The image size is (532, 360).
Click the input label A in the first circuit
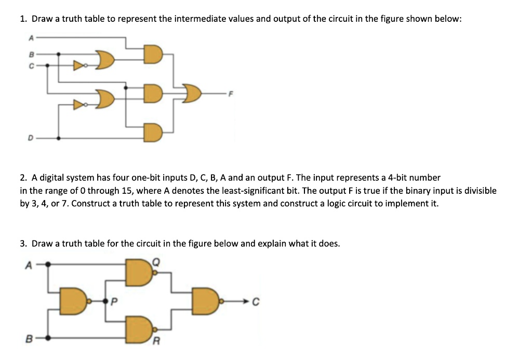[x=31, y=38]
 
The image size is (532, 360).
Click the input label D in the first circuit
[x=31, y=138]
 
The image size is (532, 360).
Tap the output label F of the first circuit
[x=231, y=94]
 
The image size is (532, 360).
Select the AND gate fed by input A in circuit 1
[x=153, y=55]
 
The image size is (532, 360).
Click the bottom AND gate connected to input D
[x=153, y=132]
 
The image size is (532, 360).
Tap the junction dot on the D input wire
[x=59, y=138]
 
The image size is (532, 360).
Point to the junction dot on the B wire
[x=59, y=54]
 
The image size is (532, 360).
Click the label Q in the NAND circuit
[x=156, y=262]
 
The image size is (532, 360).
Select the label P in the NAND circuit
[x=114, y=301]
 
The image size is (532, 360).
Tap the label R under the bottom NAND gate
[x=156, y=341]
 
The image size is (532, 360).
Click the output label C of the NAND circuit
[x=256, y=301]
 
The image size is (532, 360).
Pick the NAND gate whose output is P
[x=75, y=301]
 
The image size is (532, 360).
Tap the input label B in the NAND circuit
[x=30, y=338]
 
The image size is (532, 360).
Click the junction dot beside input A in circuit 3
[x=48, y=264]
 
